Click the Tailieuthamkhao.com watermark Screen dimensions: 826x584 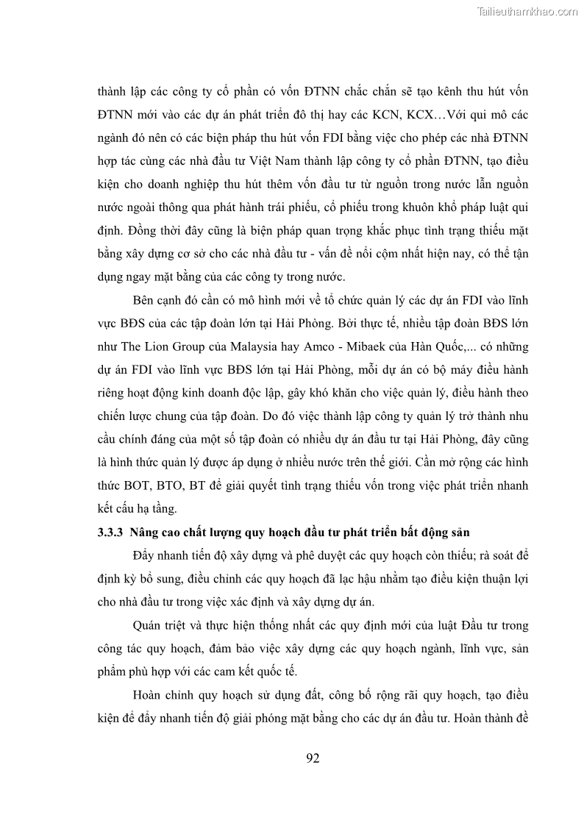(527, 11)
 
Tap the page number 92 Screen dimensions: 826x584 (313, 758)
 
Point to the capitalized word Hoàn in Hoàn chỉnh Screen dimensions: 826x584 (150, 694)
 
